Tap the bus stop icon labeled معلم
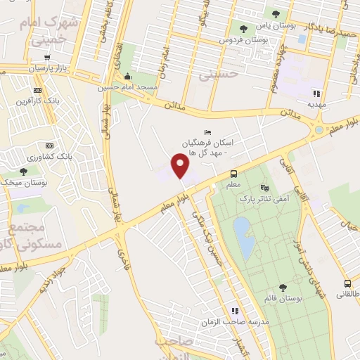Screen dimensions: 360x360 click(x=233, y=174)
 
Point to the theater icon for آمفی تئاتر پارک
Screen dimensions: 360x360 click(x=264, y=188)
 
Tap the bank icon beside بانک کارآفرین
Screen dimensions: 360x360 click(x=37, y=90)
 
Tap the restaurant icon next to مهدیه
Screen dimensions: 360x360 click(x=316, y=93)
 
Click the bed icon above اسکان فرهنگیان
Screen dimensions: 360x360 click(x=207, y=133)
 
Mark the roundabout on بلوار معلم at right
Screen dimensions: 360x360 click(x=319, y=129)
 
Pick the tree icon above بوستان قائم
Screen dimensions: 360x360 click(x=282, y=288)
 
